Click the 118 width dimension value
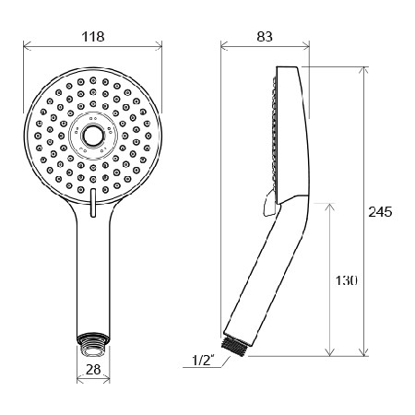coord(93,37)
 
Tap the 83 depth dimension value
coord(265,37)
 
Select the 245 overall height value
coord(380,212)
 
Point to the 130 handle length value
coord(346,280)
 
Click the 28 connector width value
coord(93,369)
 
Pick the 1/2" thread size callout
coord(203,361)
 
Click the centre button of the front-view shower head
coord(93,136)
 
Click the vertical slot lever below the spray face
coord(93,203)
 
